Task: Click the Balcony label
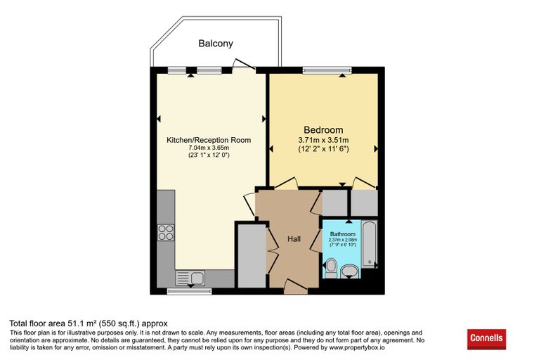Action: (216, 44)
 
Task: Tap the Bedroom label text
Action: (323, 130)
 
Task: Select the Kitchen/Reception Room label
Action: (209, 140)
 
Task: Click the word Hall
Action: (294, 239)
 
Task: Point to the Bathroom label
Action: (343, 234)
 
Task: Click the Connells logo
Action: (486, 339)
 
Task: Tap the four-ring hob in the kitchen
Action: (166, 233)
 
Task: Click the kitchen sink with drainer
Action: (190, 278)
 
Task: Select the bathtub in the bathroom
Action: (370, 244)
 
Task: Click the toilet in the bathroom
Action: (331, 268)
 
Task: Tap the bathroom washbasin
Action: (349, 271)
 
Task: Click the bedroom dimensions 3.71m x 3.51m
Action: (323, 140)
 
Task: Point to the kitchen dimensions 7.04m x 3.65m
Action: (209, 148)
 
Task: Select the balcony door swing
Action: (244, 65)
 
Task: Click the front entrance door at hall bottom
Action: (296, 286)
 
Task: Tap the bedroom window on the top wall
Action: (327, 70)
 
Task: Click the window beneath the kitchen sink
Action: (189, 292)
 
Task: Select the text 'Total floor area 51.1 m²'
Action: (53, 323)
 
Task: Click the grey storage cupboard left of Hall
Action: (252, 256)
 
